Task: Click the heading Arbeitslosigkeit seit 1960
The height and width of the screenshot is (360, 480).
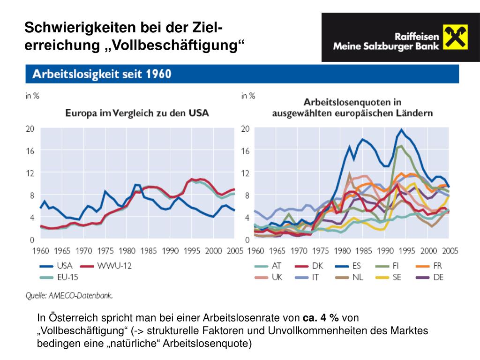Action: pos(101,74)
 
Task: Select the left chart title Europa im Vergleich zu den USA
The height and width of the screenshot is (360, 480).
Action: pos(136,113)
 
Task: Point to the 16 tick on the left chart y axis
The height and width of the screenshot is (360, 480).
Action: pos(30,151)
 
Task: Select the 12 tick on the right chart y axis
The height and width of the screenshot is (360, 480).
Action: pos(245,173)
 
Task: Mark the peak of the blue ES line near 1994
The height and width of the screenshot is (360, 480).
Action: pos(401,129)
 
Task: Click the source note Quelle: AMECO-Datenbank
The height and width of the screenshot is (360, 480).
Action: pos(69,295)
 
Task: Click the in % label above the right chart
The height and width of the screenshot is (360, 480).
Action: pos(248,96)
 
